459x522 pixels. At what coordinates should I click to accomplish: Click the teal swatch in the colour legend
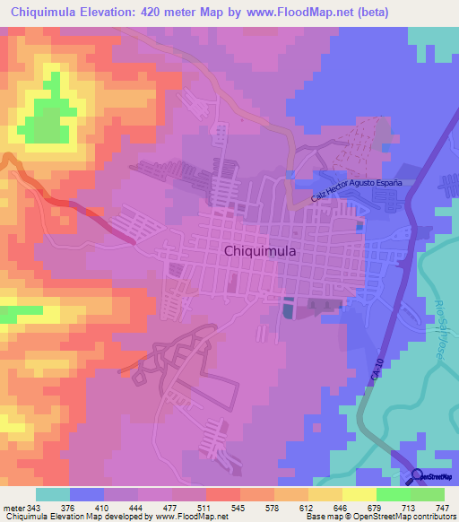click(53, 494)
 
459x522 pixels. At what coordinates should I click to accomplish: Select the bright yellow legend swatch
click(359, 494)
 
